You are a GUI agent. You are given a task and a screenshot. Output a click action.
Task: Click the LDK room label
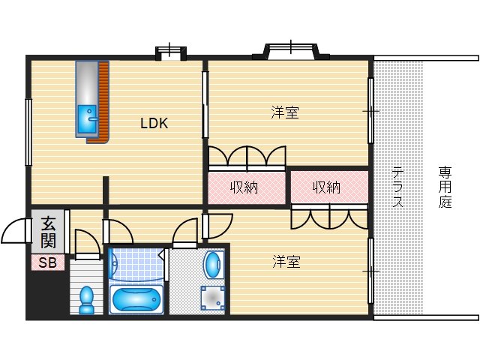tap(154, 124)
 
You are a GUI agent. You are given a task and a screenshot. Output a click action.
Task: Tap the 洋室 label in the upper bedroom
tap(285, 113)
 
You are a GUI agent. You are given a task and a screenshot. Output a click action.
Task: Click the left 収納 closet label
tap(244, 187)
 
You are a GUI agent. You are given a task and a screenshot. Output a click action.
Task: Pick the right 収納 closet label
tap(326, 187)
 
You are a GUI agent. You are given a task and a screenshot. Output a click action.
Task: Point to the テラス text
tap(397, 187)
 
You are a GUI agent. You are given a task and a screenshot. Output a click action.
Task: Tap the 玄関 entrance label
tap(48, 232)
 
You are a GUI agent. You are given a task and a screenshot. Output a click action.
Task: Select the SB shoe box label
tap(47, 262)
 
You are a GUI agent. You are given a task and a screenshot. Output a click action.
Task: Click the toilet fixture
tap(87, 299)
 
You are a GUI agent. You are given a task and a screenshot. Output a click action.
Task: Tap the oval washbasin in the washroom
tap(213, 264)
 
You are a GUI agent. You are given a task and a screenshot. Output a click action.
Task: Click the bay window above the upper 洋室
tap(291, 51)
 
